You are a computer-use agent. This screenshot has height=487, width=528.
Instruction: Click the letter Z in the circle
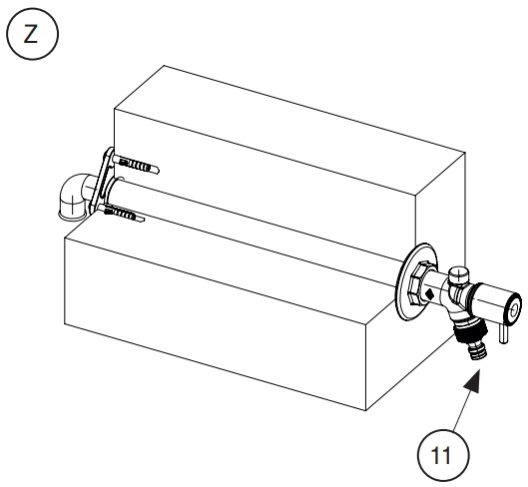point(31,34)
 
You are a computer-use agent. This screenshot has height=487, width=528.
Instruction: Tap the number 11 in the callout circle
point(441,455)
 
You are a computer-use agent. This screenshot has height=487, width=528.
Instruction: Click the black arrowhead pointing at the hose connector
point(472,381)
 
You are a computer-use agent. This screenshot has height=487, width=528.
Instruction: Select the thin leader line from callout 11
point(461,410)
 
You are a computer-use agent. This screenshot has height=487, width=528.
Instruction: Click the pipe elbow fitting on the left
point(73,198)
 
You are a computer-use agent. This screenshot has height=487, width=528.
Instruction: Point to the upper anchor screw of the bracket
point(137,165)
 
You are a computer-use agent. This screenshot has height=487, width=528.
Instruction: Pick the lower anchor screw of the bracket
point(122,214)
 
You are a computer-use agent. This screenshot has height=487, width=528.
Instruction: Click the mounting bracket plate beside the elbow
point(104,181)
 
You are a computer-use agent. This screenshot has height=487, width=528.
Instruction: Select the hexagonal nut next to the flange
point(418,283)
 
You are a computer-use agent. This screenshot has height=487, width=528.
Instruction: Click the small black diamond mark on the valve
point(429,294)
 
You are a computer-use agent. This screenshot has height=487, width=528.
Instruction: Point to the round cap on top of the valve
point(459,274)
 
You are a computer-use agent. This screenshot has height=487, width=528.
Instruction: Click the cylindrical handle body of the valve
point(492,299)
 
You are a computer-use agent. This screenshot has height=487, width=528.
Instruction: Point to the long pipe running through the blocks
point(256,233)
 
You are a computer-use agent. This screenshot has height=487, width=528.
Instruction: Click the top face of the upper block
point(289,130)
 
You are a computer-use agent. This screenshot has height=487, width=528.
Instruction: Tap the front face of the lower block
point(216,323)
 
